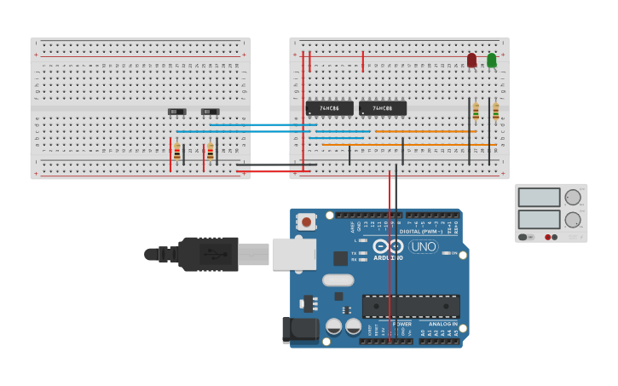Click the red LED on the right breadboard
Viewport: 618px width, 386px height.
pyautogui.click(x=471, y=60)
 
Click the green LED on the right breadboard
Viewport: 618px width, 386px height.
pyautogui.click(x=492, y=60)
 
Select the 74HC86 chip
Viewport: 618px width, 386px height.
pyautogui.click(x=329, y=108)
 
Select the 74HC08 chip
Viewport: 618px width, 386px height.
pyautogui.click(x=382, y=108)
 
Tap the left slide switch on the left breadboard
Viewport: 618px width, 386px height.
pyautogui.click(x=176, y=112)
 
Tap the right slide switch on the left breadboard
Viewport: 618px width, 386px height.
pyautogui.click(x=210, y=112)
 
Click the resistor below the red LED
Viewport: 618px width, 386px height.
pyautogui.click(x=476, y=112)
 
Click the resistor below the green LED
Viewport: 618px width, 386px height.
pyautogui.click(x=495, y=112)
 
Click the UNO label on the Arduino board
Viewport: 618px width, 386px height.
pyautogui.click(x=424, y=246)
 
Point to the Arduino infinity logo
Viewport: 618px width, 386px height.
pyautogui.click(x=389, y=246)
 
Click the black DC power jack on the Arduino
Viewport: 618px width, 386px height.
pyautogui.click(x=300, y=330)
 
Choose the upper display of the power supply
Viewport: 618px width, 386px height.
pyautogui.click(x=539, y=198)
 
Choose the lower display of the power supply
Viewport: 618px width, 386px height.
pyautogui.click(x=539, y=219)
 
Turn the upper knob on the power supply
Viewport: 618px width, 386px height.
pyautogui.click(x=572, y=198)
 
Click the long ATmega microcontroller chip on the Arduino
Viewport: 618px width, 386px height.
pyautogui.click(x=411, y=306)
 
